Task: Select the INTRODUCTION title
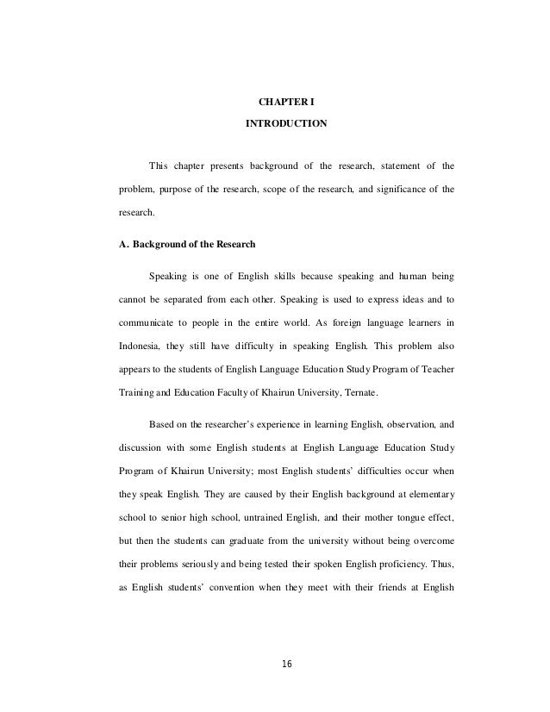(x=286, y=124)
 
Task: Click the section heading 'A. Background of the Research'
(x=186, y=244)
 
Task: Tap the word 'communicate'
(x=147, y=324)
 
